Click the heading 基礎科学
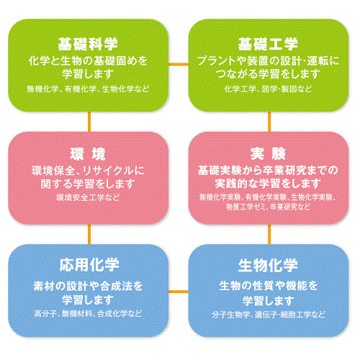click(88, 44)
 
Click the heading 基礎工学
click(268, 44)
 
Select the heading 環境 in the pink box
click(88, 154)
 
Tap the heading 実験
click(268, 153)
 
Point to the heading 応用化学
click(89, 265)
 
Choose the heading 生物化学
click(268, 266)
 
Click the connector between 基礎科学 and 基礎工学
click(179, 64)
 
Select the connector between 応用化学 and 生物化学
click(179, 292)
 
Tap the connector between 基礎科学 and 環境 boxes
click(89, 122)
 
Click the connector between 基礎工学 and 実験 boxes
click(269, 122)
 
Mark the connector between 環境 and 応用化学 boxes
click(89, 235)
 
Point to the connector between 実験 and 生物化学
click(269, 235)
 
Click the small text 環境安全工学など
click(88, 197)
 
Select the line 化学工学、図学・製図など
click(268, 89)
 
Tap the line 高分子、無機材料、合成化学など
click(88, 313)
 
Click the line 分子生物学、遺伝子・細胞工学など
click(268, 315)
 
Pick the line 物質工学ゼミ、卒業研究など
click(268, 207)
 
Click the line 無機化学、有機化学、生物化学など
click(88, 89)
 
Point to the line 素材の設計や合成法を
click(88, 286)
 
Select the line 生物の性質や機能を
click(268, 286)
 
